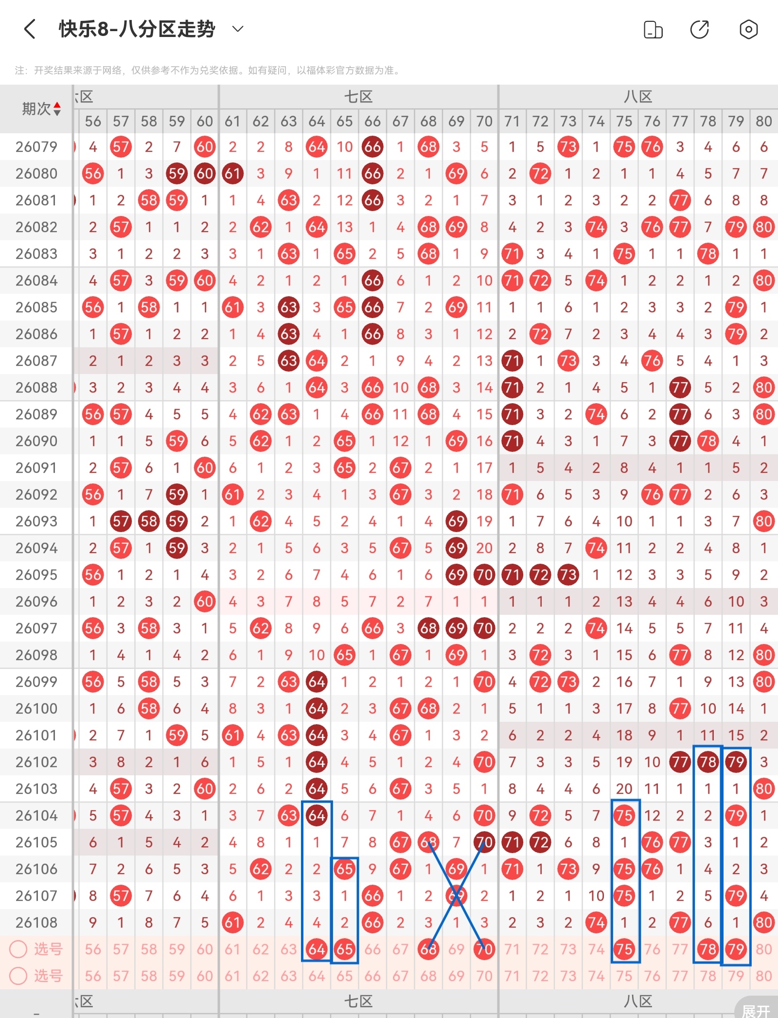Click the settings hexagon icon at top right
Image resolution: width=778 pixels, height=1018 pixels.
click(x=748, y=30)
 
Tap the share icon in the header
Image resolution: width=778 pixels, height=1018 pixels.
click(x=700, y=30)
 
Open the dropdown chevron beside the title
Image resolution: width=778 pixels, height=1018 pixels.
click(x=238, y=29)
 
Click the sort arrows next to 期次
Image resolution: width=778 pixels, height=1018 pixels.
click(x=57, y=109)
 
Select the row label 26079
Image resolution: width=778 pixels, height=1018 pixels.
click(x=36, y=147)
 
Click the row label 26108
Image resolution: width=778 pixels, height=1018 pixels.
click(x=36, y=923)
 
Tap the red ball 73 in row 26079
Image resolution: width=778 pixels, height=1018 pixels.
click(x=568, y=147)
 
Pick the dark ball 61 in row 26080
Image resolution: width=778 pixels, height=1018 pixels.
click(x=232, y=174)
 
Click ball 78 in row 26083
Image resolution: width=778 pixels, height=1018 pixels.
click(x=708, y=254)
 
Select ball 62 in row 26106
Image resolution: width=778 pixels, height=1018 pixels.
click(x=261, y=869)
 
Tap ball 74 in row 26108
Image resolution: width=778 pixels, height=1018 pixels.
click(x=596, y=923)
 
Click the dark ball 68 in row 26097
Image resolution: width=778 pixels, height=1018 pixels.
click(x=428, y=628)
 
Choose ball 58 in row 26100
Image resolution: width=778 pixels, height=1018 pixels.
click(x=149, y=709)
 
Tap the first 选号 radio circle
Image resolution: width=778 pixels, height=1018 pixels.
click(x=18, y=949)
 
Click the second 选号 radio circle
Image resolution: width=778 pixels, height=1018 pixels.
click(x=18, y=976)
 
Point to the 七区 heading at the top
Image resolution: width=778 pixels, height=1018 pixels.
click(x=358, y=97)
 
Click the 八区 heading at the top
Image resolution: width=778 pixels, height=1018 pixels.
click(x=638, y=97)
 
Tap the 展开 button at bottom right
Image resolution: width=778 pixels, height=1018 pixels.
click(x=756, y=1011)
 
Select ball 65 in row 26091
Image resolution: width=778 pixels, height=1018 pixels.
click(x=344, y=468)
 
